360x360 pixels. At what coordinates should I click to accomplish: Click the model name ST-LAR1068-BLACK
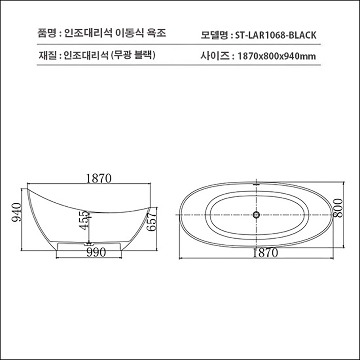pos(275,35)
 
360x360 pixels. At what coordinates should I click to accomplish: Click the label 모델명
pos(215,35)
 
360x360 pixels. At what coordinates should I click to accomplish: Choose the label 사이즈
pos(214,56)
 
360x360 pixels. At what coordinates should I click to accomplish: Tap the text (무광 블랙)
pos(133,55)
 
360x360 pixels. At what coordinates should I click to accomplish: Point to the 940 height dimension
pos(16,212)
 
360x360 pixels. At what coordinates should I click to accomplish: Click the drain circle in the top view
pos(256,215)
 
